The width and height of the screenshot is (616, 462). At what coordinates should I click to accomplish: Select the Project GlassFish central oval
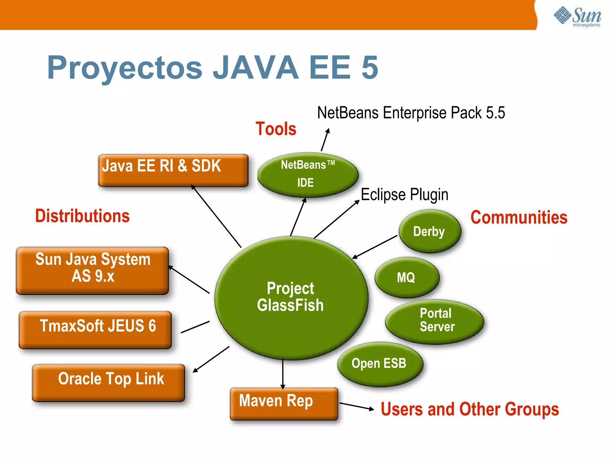pos(291,297)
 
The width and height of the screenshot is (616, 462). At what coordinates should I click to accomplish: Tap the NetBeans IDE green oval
pos(307,174)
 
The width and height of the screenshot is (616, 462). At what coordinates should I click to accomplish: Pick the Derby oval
pos(430,231)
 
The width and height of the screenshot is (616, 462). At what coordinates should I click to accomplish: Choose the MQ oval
pos(406,277)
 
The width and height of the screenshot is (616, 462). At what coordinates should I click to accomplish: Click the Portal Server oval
pos(435,321)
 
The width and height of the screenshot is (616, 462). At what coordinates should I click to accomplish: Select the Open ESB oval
pos(380,363)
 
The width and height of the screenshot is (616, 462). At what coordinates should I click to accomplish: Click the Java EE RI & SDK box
pos(173,170)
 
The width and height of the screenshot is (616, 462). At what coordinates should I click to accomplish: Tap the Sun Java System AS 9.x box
pos(93,270)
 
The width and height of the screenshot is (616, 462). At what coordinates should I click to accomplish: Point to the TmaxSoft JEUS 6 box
pos(95,329)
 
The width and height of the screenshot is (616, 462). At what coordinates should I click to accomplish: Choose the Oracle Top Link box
pos(109,382)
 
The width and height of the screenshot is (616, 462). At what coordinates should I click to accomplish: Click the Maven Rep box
pos(283,403)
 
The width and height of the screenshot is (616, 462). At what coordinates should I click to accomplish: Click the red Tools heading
pos(276,129)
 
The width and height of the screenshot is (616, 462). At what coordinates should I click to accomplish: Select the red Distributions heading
pos(82,216)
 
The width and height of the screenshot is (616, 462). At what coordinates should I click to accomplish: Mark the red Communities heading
pos(519,217)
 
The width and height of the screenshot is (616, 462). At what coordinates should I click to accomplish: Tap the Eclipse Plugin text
pos(404,194)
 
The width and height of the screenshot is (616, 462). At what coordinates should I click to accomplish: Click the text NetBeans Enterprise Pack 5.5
pos(411,113)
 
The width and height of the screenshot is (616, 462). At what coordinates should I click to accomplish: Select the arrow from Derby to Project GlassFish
pos(375,247)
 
